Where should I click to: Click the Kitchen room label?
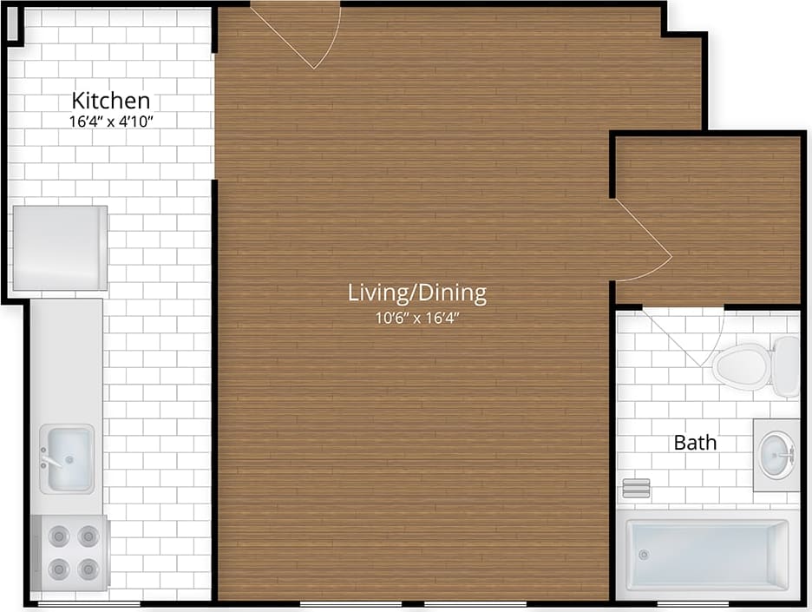tap(110, 99)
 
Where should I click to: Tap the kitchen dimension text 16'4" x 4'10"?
tap(110, 122)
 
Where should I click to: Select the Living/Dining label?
tap(416, 293)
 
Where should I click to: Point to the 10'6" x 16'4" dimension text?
tap(416, 318)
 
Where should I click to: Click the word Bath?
tap(695, 443)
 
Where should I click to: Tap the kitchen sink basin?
tap(68, 457)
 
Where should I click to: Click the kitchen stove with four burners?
tap(69, 553)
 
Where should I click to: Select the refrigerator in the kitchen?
tap(60, 247)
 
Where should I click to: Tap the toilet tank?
tap(786, 365)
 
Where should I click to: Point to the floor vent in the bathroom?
tap(636, 488)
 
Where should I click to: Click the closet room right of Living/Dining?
tap(707, 217)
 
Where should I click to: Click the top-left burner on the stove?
tap(57, 537)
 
